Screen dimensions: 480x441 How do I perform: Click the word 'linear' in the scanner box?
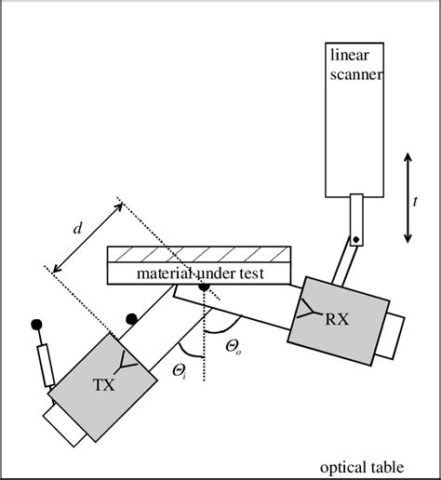[351, 58]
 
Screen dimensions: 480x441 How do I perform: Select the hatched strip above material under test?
[201, 255]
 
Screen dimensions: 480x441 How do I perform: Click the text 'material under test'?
[201, 273]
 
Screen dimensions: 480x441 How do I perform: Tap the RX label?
[337, 318]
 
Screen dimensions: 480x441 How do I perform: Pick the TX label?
[103, 384]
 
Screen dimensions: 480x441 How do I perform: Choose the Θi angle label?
[180, 371]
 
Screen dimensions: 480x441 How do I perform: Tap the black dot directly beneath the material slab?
[203, 287]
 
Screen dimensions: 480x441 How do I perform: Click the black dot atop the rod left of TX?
[38, 325]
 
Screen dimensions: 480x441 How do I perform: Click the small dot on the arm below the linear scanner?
[355, 241]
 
